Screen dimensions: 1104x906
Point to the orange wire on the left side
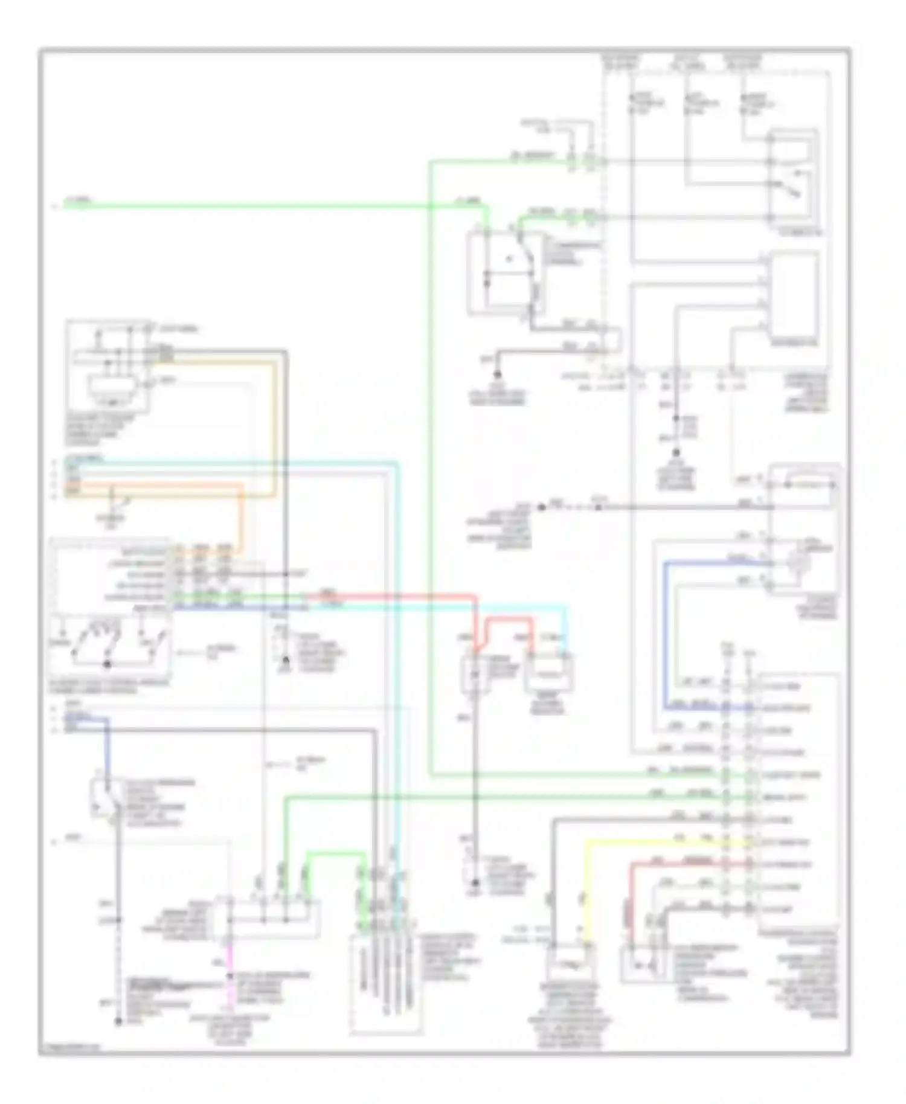coord(242,519)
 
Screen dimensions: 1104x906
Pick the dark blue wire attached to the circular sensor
coord(664,634)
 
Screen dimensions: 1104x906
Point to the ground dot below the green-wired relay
coord(498,374)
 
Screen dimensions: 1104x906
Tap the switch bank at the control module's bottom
coord(109,643)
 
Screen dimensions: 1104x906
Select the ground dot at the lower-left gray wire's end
coord(118,1022)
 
